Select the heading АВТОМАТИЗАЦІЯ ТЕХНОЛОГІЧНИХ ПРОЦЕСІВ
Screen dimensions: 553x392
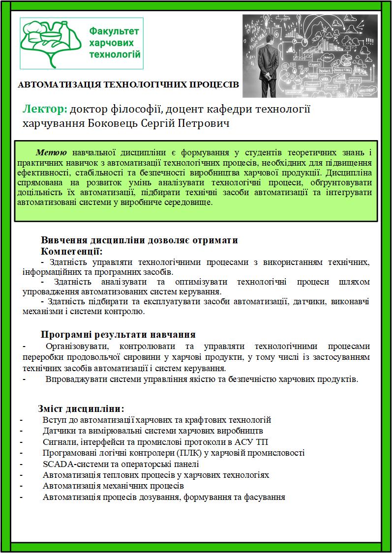pos(128,85)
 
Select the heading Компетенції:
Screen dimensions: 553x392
pos(72,251)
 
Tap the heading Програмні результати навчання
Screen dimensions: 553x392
pos(119,335)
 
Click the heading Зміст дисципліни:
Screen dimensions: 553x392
pos(81,409)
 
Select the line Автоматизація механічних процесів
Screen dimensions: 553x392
pos(113,486)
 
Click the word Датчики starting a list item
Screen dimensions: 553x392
pos(59,431)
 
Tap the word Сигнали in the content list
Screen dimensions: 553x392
pos(59,442)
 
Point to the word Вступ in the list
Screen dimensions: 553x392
pos(54,420)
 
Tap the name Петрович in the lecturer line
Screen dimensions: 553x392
pos(206,122)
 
